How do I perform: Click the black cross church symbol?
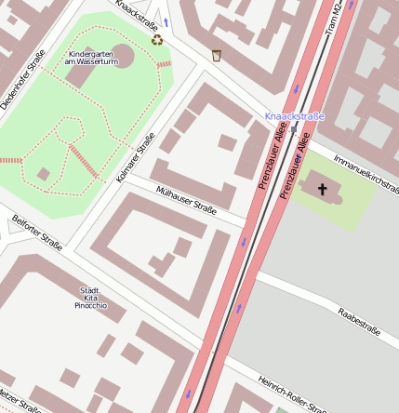[324, 190]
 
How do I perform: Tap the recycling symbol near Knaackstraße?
[157, 40]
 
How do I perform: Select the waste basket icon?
[217, 55]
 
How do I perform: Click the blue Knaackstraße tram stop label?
[294, 116]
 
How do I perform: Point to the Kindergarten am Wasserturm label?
[93, 58]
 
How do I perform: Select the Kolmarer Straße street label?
[137, 156]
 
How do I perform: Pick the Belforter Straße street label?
[37, 233]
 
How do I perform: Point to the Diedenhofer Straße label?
[22, 79]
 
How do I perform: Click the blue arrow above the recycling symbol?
[166, 20]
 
